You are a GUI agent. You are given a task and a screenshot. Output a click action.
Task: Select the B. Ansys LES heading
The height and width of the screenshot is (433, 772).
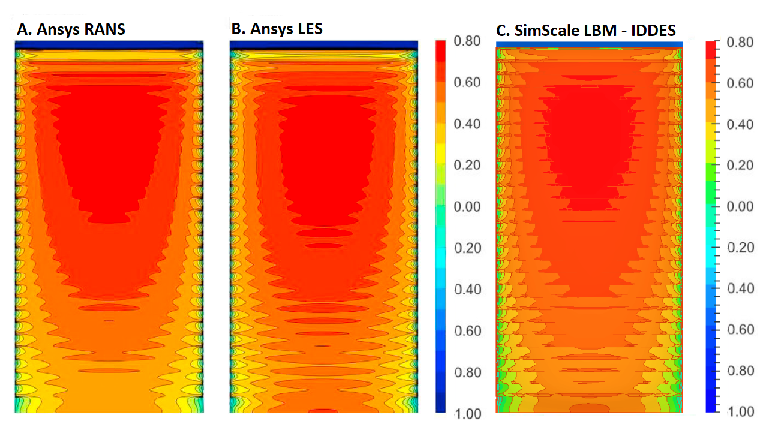(277, 28)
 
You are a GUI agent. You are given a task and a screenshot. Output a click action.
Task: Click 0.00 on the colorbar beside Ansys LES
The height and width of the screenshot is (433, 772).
(467, 206)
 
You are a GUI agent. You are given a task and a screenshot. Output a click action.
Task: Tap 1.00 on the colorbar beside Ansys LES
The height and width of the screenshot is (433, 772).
(467, 414)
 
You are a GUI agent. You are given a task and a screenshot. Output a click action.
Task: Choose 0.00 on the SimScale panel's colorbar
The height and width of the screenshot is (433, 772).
(740, 206)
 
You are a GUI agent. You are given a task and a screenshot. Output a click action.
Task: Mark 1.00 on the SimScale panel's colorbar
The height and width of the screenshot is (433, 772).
(740, 412)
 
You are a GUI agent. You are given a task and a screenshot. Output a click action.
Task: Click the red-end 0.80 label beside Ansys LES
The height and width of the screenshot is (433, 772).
(467, 41)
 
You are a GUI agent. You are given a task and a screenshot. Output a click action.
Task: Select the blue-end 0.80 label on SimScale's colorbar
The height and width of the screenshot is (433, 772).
(740, 371)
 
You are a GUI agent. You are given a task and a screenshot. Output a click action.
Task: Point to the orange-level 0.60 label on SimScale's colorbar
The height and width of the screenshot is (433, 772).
(740, 83)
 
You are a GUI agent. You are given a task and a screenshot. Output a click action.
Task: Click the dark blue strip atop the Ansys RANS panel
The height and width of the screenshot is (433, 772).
(109, 45)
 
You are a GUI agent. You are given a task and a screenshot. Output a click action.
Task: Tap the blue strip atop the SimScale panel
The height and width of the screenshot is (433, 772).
(590, 44)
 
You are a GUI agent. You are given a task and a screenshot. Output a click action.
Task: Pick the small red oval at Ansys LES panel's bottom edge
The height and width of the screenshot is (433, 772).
(323, 411)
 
